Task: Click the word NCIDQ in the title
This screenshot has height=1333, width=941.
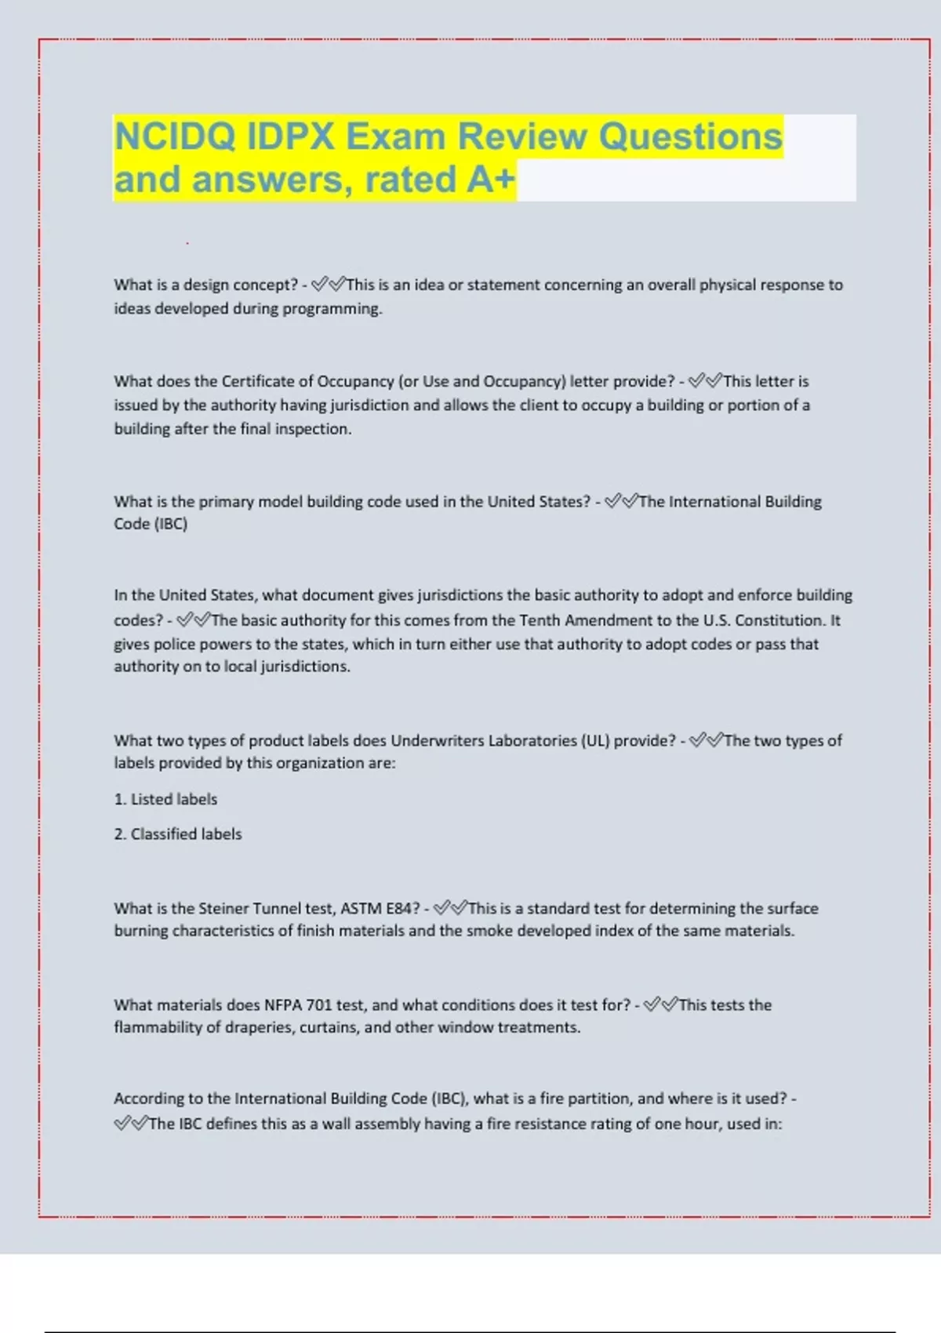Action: (175, 137)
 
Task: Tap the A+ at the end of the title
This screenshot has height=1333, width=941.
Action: (491, 179)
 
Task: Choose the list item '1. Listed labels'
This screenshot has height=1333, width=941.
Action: (165, 800)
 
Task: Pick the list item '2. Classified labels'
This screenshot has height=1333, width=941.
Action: (178, 834)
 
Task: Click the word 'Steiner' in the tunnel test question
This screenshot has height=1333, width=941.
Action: (223, 909)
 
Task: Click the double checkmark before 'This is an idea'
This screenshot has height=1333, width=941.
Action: (328, 285)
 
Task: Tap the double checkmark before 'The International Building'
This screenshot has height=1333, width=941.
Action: (621, 501)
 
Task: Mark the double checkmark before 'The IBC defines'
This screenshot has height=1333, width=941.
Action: (130, 1124)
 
